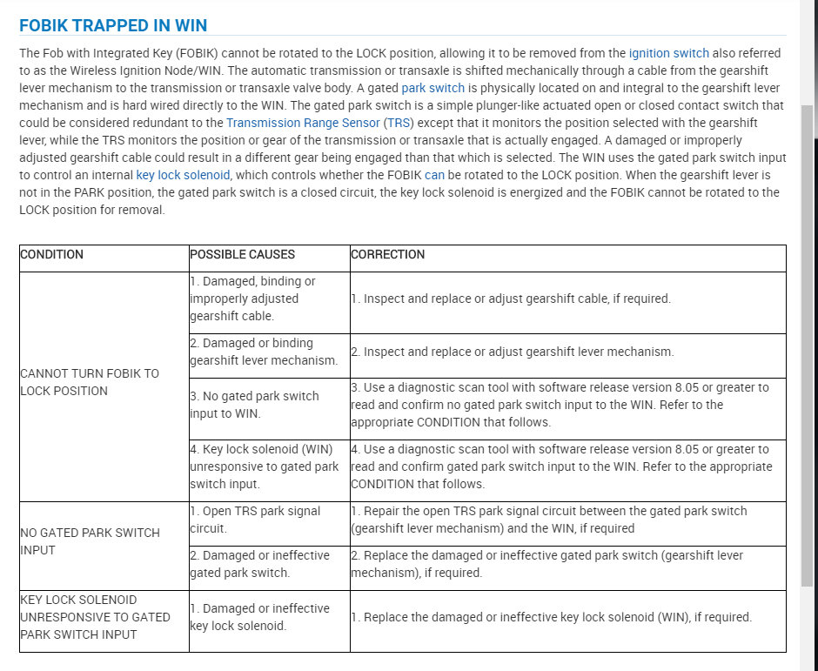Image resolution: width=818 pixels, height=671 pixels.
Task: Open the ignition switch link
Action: click(668, 53)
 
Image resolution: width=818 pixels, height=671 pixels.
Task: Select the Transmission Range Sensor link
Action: click(303, 123)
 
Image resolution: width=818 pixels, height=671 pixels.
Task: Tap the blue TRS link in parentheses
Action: click(399, 123)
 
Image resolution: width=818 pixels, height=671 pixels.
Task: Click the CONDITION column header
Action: click(52, 255)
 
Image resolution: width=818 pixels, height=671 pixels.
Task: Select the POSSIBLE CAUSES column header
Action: click(243, 255)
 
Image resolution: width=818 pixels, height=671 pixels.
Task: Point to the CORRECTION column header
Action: click(388, 255)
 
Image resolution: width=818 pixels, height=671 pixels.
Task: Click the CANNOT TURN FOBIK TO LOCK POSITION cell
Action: click(90, 382)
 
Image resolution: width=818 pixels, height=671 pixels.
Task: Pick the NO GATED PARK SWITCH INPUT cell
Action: click(90, 541)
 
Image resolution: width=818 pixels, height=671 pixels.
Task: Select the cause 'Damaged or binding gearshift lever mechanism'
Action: click(263, 352)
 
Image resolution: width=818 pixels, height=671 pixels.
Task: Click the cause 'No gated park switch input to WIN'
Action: click(254, 405)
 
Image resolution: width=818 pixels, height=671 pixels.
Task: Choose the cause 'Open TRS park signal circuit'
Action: click(255, 520)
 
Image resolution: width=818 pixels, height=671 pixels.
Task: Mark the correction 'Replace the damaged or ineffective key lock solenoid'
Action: click(552, 617)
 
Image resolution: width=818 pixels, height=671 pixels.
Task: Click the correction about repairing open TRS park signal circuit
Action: click(548, 520)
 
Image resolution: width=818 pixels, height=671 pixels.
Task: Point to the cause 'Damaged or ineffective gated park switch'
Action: click(259, 564)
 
